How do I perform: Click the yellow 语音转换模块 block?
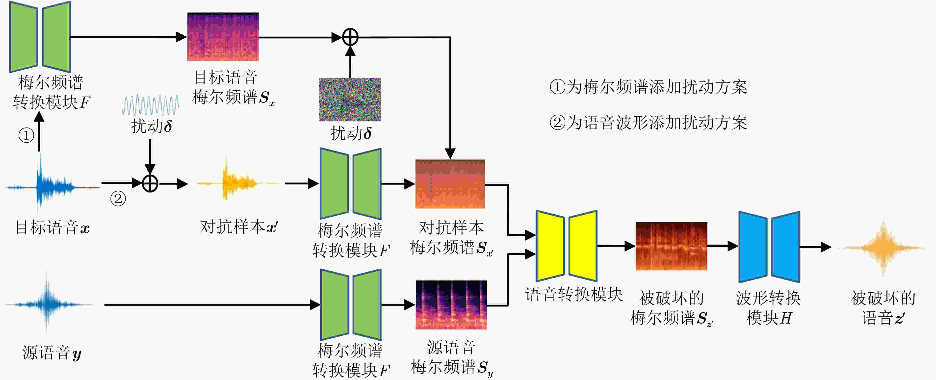coord(567,246)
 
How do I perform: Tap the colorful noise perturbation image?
coord(350,99)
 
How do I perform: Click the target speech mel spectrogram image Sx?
coord(223,37)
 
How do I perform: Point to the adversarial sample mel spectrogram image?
coord(450,184)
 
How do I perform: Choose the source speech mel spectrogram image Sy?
coord(451,305)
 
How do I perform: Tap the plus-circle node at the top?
coord(350,37)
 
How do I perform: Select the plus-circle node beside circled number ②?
coord(150,183)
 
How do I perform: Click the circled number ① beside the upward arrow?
coord(26,135)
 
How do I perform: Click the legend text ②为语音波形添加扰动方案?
coord(648,123)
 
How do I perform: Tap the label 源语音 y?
coord(52,352)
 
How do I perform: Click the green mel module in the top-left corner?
coord(40,37)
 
